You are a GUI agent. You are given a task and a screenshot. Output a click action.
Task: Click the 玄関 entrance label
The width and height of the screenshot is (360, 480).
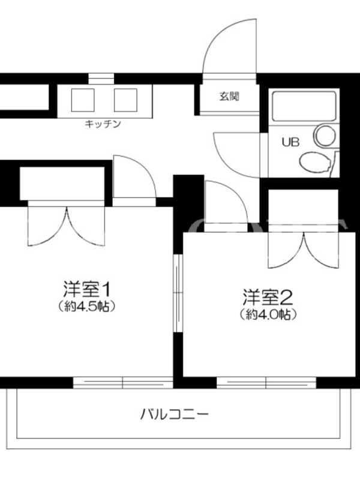pyautogui.click(x=229, y=97)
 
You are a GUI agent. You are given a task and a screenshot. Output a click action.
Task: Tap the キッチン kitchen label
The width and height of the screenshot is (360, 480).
pyautogui.click(x=103, y=124)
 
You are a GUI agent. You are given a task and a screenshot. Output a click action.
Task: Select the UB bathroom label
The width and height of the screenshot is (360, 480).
pyautogui.click(x=290, y=142)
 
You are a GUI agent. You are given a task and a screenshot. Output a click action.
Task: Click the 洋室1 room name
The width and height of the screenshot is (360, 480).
pyautogui.click(x=86, y=289)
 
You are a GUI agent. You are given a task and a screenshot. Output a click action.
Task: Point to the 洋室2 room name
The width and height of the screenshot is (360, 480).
pyautogui.click(x=268, y=297)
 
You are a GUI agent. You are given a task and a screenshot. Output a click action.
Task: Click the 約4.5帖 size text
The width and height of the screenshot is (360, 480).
pyautogui.click(x=86, y=306)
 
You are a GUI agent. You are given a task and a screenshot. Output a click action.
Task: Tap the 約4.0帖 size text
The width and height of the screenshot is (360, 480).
pyautogui.click(x=268, y=314)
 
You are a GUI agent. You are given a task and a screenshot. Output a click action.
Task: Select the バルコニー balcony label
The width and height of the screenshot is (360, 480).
pyautogui.click(x=175, y=415)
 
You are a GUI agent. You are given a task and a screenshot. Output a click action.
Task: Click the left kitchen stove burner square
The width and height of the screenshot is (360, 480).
pyautogui.click(x=83, y=100)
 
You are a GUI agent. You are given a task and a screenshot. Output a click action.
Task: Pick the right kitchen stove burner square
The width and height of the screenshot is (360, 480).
pyautogui.click(x=125, y=100)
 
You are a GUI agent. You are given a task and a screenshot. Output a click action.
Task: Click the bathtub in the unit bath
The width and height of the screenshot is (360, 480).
pyautogui.click(x=304, y=106)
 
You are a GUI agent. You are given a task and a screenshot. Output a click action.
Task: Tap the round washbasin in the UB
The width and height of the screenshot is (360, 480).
pyautogui.click(x=325, y=136)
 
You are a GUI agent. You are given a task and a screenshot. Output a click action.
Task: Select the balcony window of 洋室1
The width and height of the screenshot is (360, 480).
pyautogui.click(x=123, y=383)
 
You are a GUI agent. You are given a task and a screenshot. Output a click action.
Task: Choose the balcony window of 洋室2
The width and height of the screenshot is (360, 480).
pyautogui.click(x=266, y=383)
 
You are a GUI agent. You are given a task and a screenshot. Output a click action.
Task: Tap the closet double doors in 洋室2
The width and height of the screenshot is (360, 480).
pyautogui.click(x=304, y=250)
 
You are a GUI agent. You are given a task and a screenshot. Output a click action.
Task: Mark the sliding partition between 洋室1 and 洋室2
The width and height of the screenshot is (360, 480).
pyautogui.click(x=178, y=293)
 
